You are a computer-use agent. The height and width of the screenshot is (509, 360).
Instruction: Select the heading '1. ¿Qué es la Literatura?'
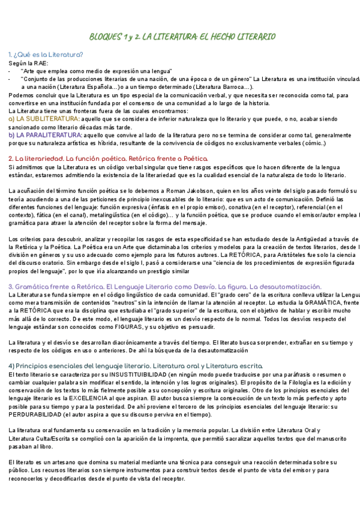click(x=46, y=55)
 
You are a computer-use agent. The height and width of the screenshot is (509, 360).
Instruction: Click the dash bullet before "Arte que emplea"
click(x=10, y=71)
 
